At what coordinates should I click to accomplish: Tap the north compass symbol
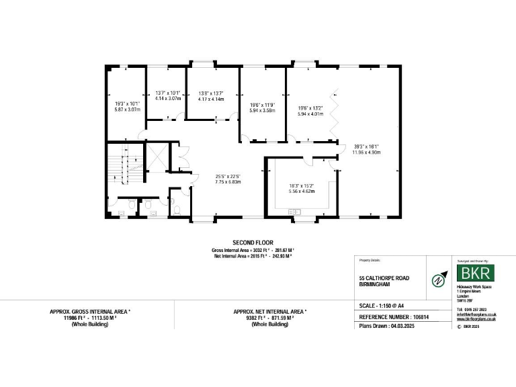[439, 280]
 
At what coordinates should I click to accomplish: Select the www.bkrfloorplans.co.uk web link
[476, 319]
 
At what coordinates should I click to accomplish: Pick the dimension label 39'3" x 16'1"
[368, 149]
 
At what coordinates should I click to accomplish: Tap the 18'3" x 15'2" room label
[302, 188]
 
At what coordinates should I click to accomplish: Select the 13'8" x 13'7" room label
[210, 96]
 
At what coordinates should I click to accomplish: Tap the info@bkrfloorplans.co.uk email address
[476, 314]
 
